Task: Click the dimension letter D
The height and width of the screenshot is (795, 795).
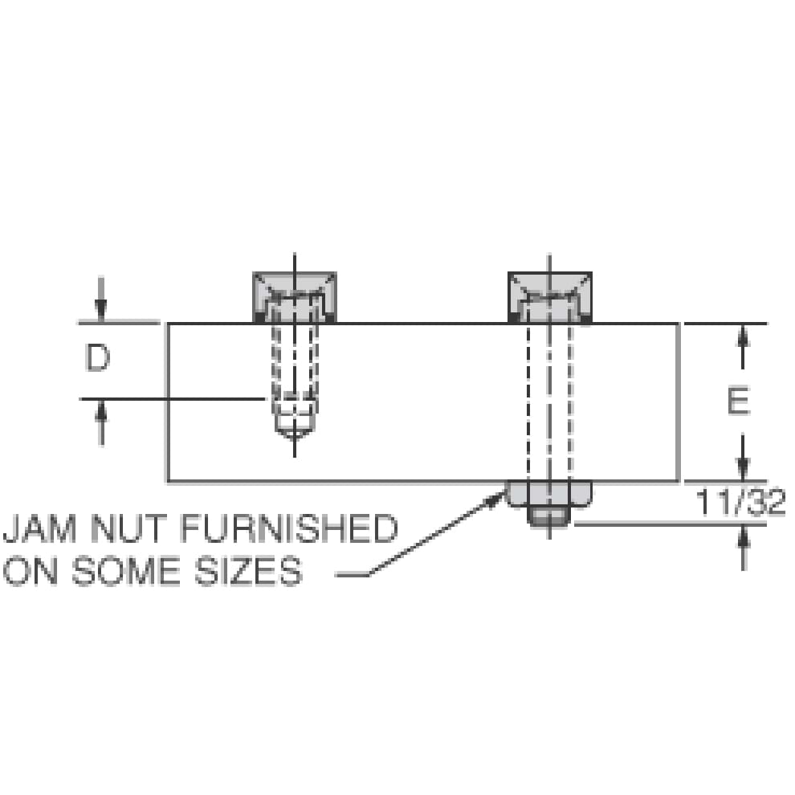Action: (x=98, y=360)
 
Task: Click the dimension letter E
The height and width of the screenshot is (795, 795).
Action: (x=737, y=401)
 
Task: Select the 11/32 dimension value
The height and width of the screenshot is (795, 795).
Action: (x=740, y=503)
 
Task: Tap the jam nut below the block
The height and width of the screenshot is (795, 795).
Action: (x=550, y=493)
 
